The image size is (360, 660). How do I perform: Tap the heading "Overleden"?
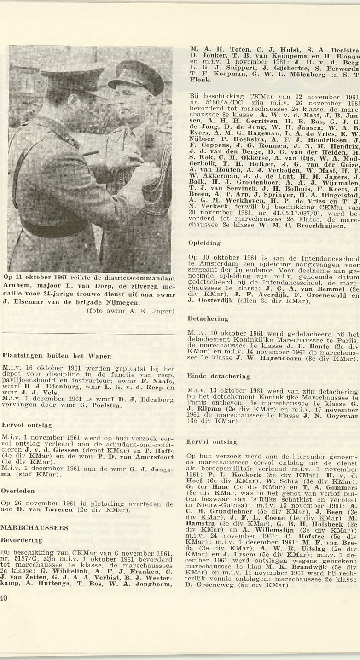tap(18, 491)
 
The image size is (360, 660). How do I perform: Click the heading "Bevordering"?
tap(22, 540)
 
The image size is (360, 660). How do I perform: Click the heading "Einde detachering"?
tap(218, 376)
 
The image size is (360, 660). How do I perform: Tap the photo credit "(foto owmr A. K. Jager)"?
tap(130, 311)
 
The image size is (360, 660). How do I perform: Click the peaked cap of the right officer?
tap(136, 76)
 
